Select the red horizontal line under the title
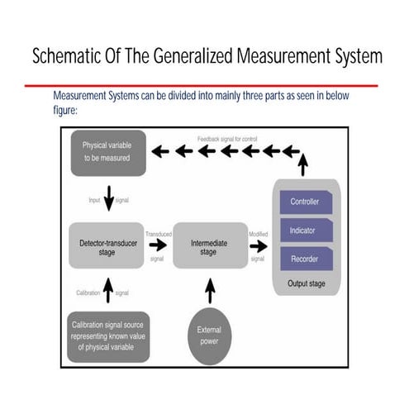coord(201,85)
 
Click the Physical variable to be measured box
coord(106,152)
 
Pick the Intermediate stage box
coord(209,245)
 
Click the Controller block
coord(305,201)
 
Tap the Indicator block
coord(305,230)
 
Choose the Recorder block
coord(305,259)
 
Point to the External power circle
coord(209,335)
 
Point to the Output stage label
coord(305,284)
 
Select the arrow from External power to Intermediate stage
coord(209,290)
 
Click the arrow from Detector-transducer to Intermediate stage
coord(158,245)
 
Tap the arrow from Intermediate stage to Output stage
coord(258,245)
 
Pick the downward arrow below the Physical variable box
coord(108,199)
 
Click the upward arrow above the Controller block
coord(303,165)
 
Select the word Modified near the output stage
coord(258,234)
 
